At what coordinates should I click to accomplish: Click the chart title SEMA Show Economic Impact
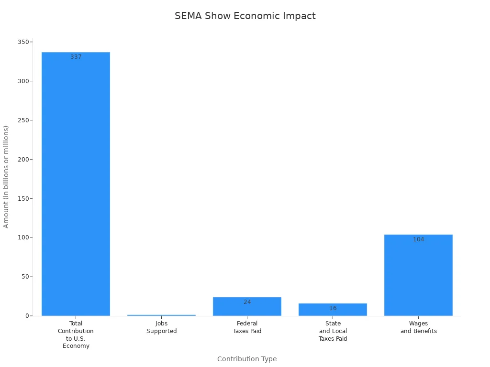point(245,16)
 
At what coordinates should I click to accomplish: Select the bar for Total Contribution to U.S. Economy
point(76,184)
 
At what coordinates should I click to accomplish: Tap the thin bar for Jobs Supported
point(161,315)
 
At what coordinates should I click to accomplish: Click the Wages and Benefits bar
point(418,275)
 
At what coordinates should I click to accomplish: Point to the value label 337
point(76,57)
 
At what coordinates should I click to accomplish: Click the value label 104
point(419,239)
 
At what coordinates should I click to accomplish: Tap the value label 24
point(247,302)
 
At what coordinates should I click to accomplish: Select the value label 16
point(333,308)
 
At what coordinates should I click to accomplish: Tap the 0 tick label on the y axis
point(27,316)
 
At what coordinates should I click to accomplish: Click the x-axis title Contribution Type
point(247,359)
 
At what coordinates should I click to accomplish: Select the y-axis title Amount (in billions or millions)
point(6,177)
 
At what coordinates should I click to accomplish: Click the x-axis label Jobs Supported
point(161,327)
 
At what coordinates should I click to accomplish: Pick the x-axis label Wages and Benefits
point(418,327)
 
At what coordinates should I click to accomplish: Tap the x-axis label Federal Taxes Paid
point(247,327)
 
